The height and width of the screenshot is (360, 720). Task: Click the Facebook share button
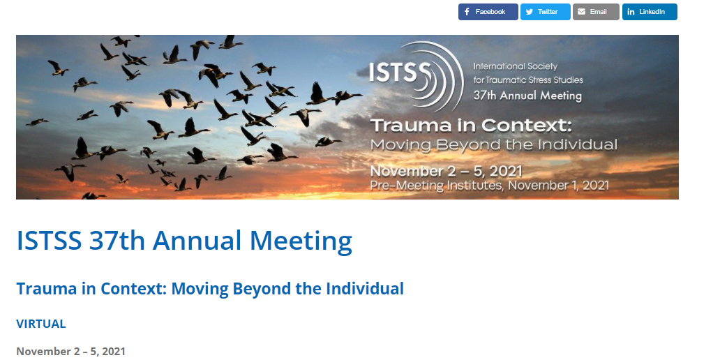488,12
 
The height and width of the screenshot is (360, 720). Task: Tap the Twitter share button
546,12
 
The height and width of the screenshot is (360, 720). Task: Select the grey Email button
596,12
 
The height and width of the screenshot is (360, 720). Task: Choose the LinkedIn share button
650,12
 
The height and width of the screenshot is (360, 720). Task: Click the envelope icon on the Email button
581,12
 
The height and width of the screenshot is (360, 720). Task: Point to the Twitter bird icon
530,12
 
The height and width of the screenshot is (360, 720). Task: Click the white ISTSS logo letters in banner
400,73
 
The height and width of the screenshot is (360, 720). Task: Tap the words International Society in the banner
515,66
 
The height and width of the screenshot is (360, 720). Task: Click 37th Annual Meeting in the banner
527,96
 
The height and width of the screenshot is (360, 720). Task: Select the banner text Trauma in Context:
472,125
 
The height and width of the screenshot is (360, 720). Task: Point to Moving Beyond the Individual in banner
494,145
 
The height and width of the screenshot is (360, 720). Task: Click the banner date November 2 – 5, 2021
447,171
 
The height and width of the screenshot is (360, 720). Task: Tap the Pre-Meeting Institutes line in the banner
490,186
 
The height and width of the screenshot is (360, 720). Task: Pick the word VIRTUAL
41,324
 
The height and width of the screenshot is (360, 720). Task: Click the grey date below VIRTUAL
70,352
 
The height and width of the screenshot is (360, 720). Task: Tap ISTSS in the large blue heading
49,240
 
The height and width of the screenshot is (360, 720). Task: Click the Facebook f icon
467,12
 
